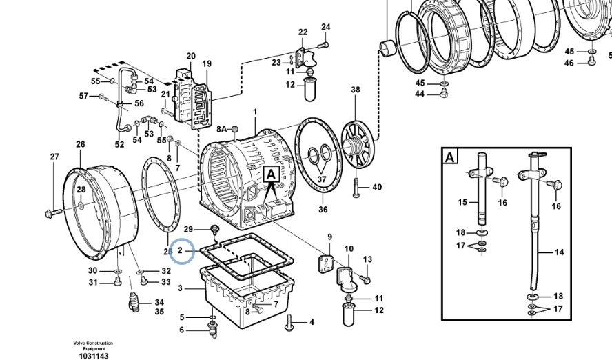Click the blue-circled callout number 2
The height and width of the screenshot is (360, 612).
tap(180, 250)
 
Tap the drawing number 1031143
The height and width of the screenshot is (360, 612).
tap(94, 356)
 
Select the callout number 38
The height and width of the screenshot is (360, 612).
tap(355, 90)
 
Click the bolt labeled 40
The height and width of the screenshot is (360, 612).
tap(356, 188)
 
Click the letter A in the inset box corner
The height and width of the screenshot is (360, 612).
tap(449, 157)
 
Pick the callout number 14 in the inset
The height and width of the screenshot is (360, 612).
tap(560, 252)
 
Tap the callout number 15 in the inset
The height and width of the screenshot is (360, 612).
tap(462, 202)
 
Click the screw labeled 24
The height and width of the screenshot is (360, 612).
tap(323, 46)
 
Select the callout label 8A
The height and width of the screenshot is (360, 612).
tap(222, 129)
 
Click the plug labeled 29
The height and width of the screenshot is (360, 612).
tap(214, 230)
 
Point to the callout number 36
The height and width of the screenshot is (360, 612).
tap(323, 210)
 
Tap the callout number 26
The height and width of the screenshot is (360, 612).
tap(81, 144)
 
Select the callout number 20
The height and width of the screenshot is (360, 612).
tap(191, 57)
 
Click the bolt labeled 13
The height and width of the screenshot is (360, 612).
tap(365, 279)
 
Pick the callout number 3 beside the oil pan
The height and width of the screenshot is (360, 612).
tap(180, 288)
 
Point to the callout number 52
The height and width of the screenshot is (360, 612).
tap(119, 144)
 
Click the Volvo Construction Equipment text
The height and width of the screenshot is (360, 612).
tap(93, 346)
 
